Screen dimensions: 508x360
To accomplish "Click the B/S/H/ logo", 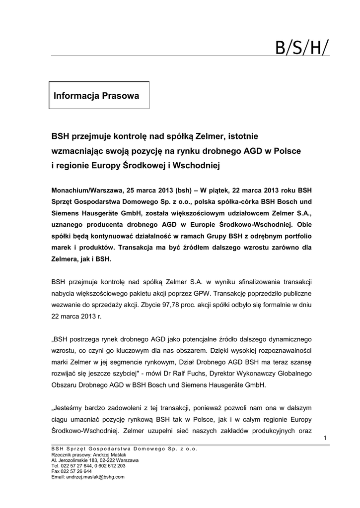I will pos(302,49).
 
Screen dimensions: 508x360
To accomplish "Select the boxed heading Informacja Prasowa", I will pos(96,95).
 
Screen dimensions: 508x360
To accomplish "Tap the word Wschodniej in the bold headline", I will pos(197,165).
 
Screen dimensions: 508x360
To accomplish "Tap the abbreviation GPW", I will pos(227,293).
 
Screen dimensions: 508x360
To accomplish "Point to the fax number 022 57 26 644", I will pos(75,471).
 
